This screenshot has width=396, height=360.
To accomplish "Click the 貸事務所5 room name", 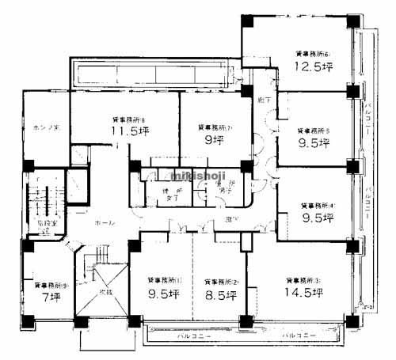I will (x=314, y=131).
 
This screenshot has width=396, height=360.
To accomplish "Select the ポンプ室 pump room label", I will (x=43, y=127).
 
